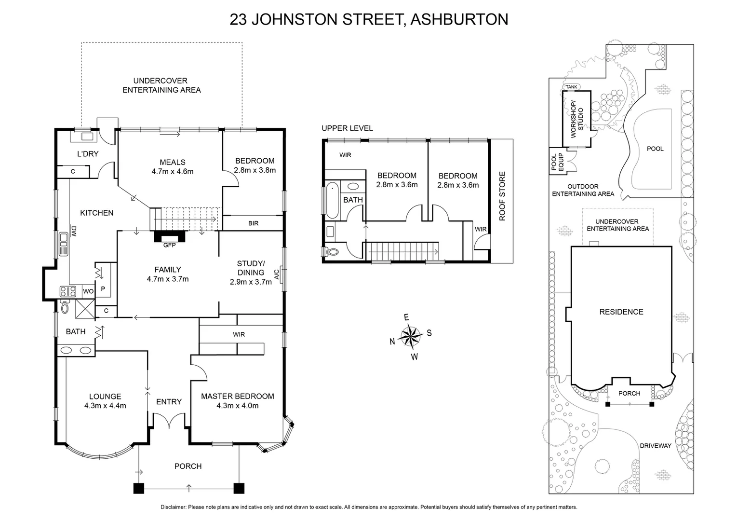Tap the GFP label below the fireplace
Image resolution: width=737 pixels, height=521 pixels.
(169, 245)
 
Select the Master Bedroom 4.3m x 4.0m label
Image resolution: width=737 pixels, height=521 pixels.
(237, 401)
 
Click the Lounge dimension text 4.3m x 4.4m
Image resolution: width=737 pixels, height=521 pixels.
(105, 406)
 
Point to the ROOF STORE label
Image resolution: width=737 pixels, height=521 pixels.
(502, 196)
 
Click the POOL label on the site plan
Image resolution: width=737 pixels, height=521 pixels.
(655, 149)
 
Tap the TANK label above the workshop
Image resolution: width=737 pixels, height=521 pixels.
(571, 87)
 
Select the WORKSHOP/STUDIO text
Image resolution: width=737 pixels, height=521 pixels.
(576, 119)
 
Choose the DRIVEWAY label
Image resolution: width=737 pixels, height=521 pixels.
(655, 446)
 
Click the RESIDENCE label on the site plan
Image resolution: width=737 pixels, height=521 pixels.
(621, 312)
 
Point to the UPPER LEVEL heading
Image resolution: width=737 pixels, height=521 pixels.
(347, 128)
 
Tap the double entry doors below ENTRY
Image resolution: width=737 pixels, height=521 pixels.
(169, 421)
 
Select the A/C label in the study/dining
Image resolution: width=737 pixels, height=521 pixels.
(277, 274)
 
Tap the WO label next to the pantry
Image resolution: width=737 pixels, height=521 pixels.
(88, 291)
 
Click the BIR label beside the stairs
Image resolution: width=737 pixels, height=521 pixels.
(253, 223)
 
